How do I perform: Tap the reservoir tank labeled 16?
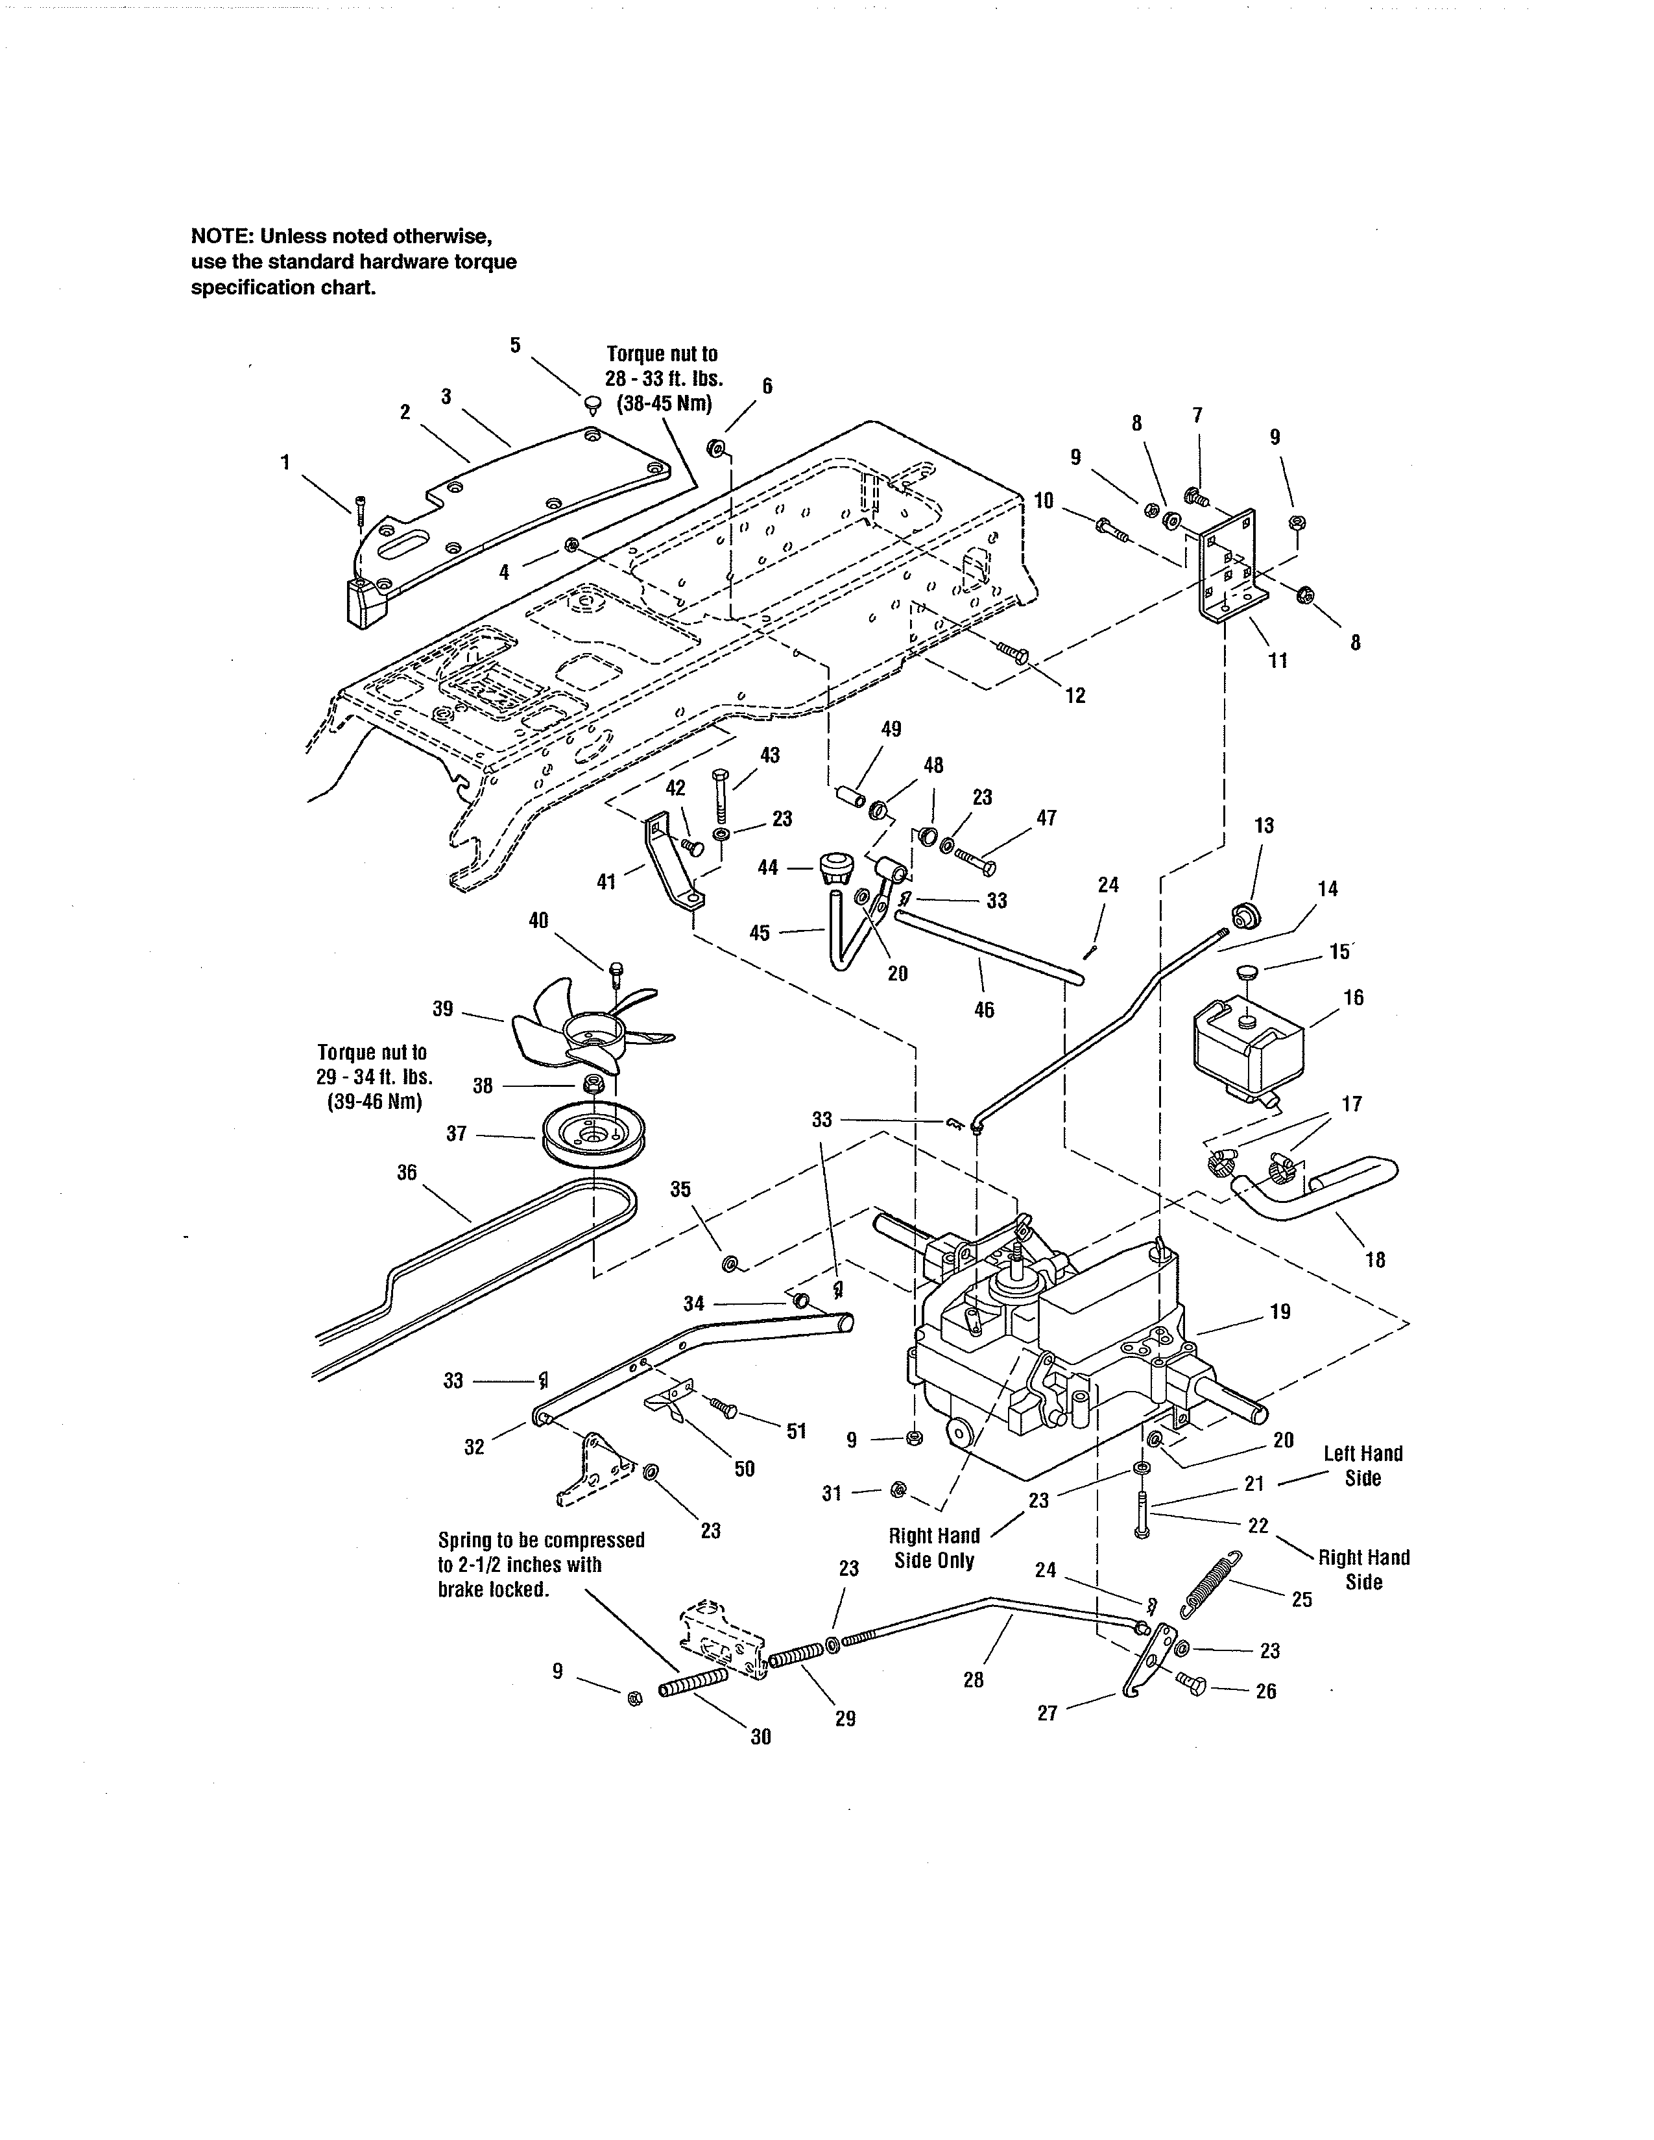click(x=1247, y=1051)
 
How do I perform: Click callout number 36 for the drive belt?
click(x=407, y=1172)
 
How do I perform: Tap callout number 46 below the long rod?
click(x=984, y=1009)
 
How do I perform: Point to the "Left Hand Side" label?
click(x=1362, y=1466)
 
